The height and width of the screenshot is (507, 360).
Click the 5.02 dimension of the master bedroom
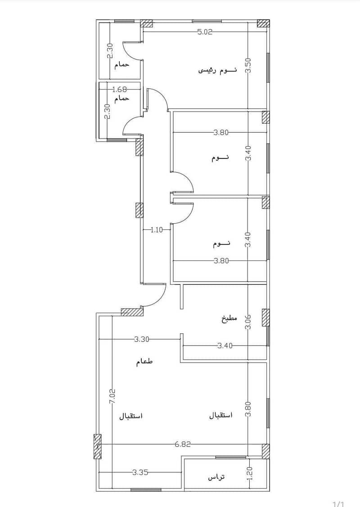(x=205, y=32)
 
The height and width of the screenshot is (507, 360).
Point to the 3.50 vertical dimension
(x=248, y=66)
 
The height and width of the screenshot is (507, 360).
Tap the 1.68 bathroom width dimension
(x=120, y=89)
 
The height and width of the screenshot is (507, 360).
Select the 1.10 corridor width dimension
(x=157, y=230)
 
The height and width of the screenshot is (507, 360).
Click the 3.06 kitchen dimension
(x=248, y=322)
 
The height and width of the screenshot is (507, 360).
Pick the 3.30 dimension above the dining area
(x=142, y=339)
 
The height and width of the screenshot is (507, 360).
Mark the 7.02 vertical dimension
(x=112, y=396)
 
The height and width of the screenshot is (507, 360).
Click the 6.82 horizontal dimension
(x=183, y=444)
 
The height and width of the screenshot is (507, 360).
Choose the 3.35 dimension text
(x=140, y=472)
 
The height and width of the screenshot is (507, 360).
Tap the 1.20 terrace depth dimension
(x=249, y=474)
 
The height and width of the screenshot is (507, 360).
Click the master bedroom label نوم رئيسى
(x=217, y=70)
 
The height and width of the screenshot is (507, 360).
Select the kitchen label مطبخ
(x=229, y=319)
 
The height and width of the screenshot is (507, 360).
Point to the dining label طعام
(x=144, y=362)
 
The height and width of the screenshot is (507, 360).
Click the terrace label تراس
(x=216, y=477)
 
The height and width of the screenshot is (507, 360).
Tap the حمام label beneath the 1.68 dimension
(x=121, y=98)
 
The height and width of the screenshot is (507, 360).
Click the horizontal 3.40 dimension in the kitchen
(x=225, y=345)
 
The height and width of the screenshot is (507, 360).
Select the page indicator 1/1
(x=338, y=504)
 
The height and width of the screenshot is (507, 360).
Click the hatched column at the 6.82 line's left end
(x=97, y=447)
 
